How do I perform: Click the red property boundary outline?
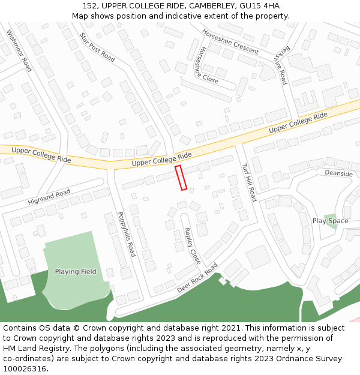[x=181, y=178]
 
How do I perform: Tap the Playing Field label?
[x=76, y=272]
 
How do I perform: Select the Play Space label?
[x=330, y=221]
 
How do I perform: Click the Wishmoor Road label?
[x=19, y=50]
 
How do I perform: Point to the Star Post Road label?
[x=97, y=47]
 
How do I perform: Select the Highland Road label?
[x=49, y=197]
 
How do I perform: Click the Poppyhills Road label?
[x=127, y=233]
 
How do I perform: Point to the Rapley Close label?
[x=193, y=246]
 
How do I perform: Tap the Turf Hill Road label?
[x=249, y=182]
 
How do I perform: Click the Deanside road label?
[x=338, y=173]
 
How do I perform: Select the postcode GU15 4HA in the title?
[x=259, y=6]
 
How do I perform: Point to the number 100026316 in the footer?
[x=25, y=368]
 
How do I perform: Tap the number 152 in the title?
[x=91, y=6]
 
